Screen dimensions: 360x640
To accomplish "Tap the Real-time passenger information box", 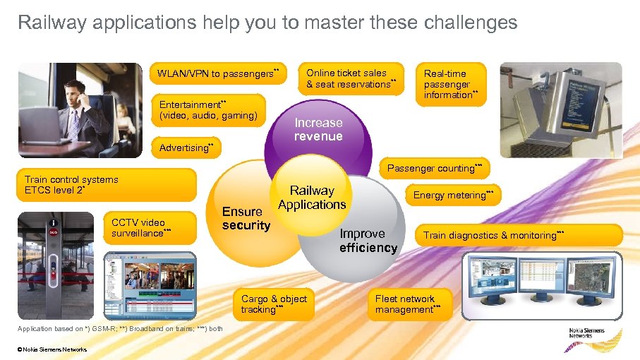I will click(452, 84).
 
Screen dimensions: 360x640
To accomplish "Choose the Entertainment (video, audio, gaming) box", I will click(209, 110).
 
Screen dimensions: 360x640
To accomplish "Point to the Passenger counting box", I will click(434, 168).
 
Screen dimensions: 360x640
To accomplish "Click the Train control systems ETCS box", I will click(106, 185).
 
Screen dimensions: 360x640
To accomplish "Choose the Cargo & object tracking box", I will click(274, 304).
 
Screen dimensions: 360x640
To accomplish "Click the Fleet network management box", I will click(409, 304).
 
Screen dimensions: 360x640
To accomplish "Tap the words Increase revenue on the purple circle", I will click(318, 130).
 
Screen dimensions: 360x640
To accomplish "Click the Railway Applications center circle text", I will click(312, 198).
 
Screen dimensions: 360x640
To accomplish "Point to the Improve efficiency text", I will click(368, 241).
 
